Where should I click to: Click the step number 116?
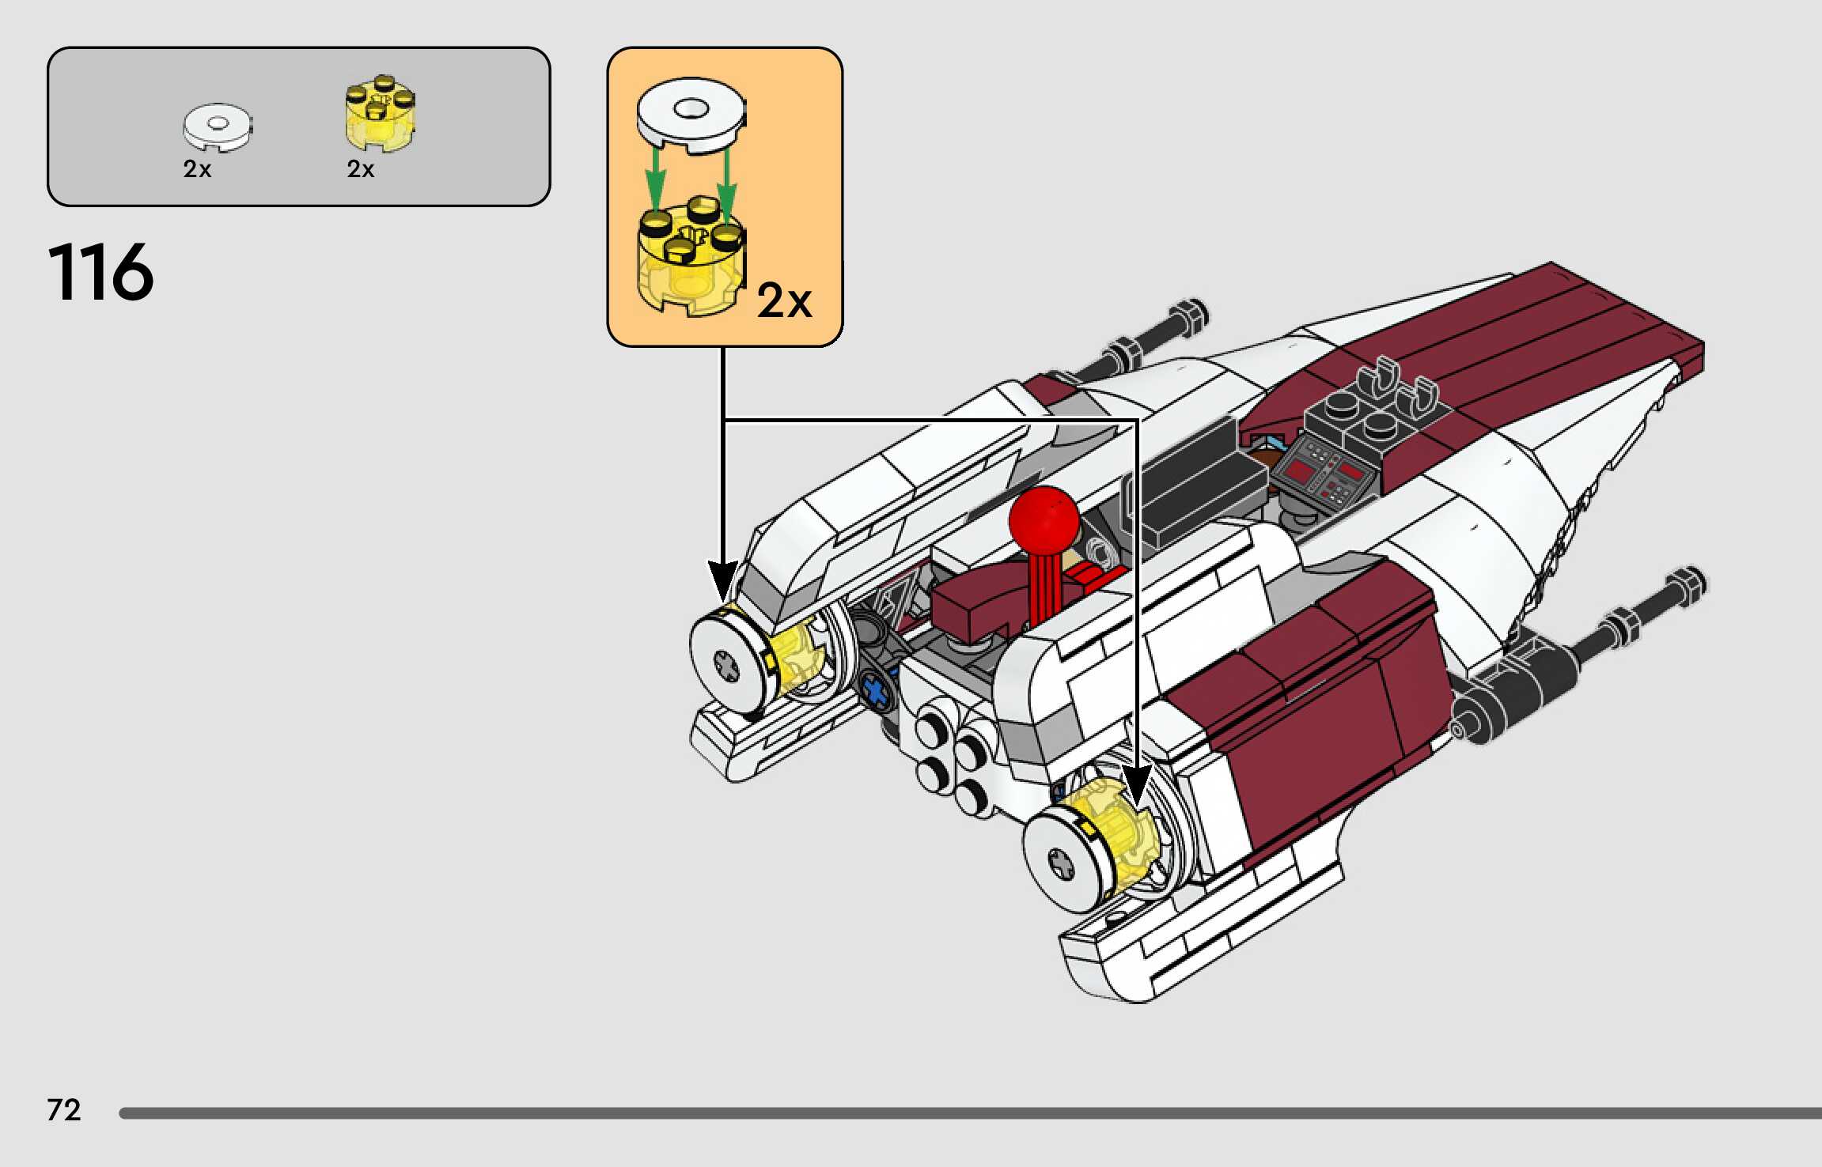100,273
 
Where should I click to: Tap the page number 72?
64,1110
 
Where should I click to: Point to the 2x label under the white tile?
197,169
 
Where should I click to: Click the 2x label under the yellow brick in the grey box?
361,169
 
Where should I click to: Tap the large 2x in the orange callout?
784,301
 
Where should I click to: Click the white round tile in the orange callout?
691,111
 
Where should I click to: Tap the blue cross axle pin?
875,690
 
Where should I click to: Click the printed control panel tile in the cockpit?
1328,473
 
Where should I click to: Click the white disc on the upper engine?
729,665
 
